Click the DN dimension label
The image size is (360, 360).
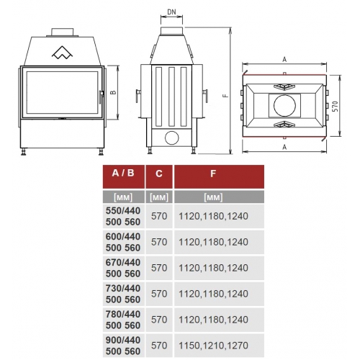click(171, 12)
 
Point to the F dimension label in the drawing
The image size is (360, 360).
click(225, 95)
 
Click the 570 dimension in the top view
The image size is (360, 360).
click(336, 106)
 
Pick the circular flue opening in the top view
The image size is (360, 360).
click(284, 105)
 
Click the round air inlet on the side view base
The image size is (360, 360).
click(172, 138)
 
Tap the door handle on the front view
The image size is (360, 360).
click(101, 97)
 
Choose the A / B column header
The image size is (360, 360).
click(123, 173)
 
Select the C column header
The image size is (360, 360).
click(159, 174)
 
